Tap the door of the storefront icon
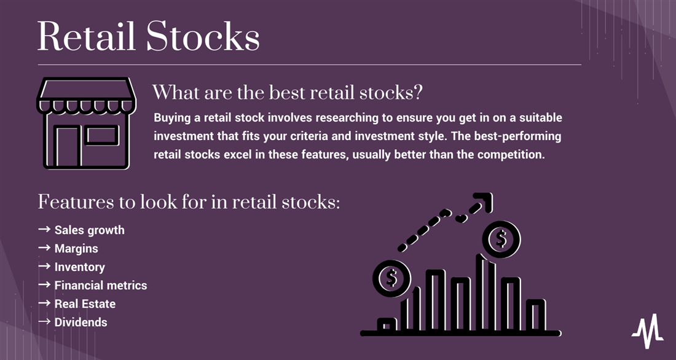coord(67,146)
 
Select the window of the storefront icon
coord(102,135)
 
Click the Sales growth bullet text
coord(89,230)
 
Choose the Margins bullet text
coord(76,249)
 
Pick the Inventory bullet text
coord(80,267)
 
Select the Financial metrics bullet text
coord(101,286)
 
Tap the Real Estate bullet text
coord(85,304)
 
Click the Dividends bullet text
coord(81,323)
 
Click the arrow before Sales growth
coord(44,229)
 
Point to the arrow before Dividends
coord(44,322)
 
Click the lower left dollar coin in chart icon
coord(391,278)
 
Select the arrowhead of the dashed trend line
coord(483,202)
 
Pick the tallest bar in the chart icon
coord(485,293)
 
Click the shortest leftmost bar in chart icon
coord(387,324)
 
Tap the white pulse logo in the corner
coord(648,331)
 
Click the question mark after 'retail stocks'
coord(417,93)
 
